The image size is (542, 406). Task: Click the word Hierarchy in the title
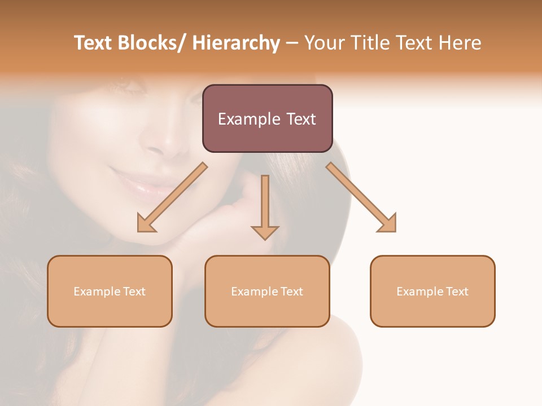point(236,43)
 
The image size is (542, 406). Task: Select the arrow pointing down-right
point(361,197)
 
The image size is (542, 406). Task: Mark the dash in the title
point(292,43)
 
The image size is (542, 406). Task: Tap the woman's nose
point(164,141)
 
